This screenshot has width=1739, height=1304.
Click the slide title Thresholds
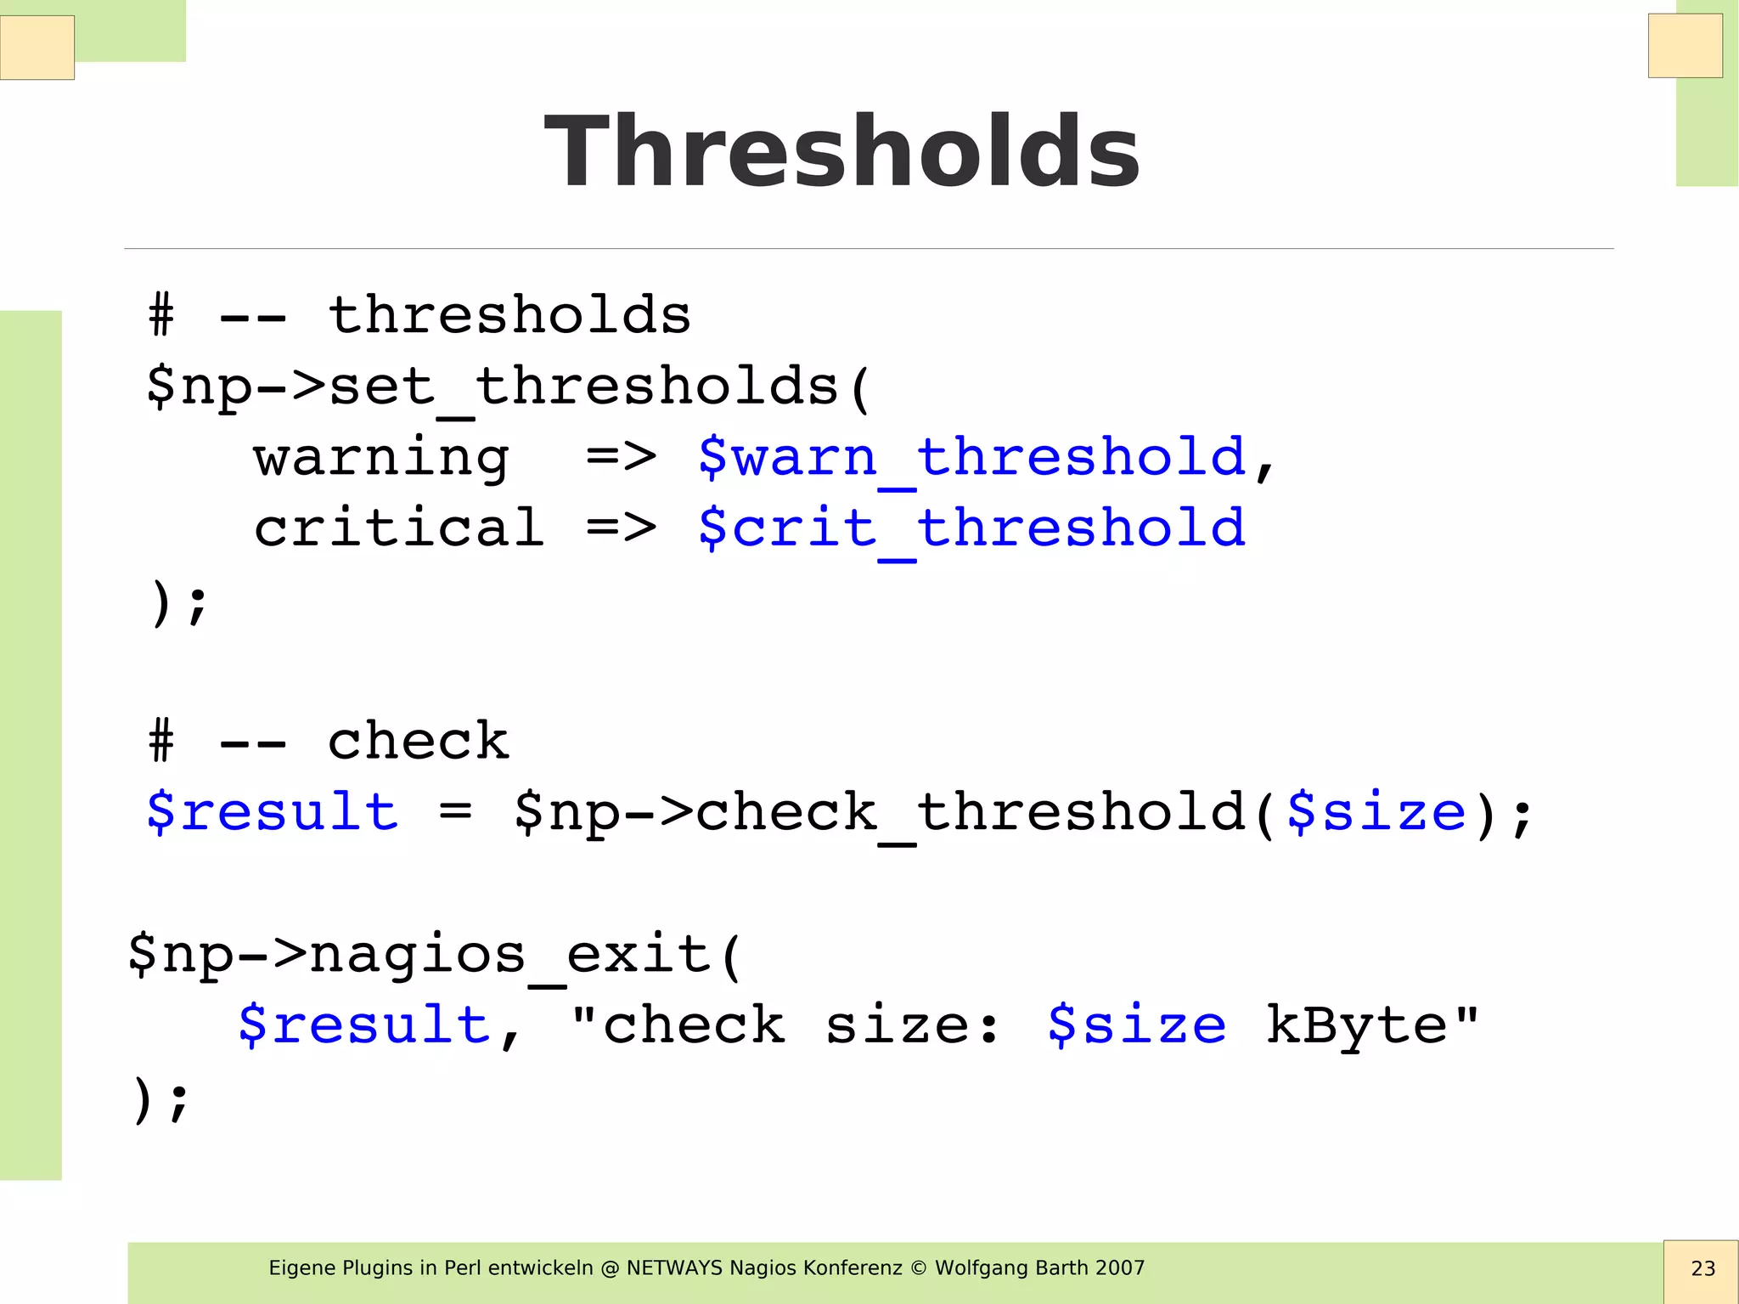tap(842, 151)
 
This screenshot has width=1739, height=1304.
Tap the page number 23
tap(1702, 1268)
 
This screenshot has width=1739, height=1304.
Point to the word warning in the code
tap(381, 459)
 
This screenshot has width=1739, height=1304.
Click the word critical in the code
tap(398, 528)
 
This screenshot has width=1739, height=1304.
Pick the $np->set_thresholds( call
tap(508, 387)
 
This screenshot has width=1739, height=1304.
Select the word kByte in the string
tap(1356, 1025)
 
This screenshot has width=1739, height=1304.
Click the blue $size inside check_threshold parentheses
tap(1376, 812)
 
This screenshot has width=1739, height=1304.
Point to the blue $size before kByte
tap(1136, 1025)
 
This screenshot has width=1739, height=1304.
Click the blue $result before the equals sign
tap(272, 812)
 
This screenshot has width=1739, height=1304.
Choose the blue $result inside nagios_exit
tap(363, 1025)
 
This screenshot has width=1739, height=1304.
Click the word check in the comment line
tap(418, 741)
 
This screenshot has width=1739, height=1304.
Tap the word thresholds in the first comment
tap(509, 316)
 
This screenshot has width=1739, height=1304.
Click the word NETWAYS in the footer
tap(675, 1268)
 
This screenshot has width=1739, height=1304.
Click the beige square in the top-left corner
tap(37, 48)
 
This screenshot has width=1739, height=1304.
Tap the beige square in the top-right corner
tap(1685, 46)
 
